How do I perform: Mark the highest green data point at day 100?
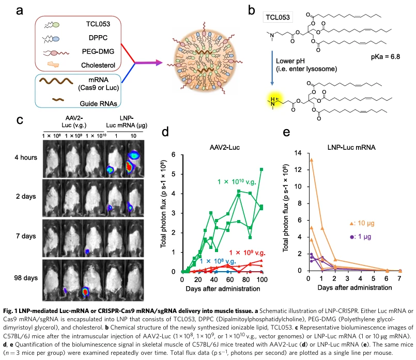[x=262, y=169]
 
